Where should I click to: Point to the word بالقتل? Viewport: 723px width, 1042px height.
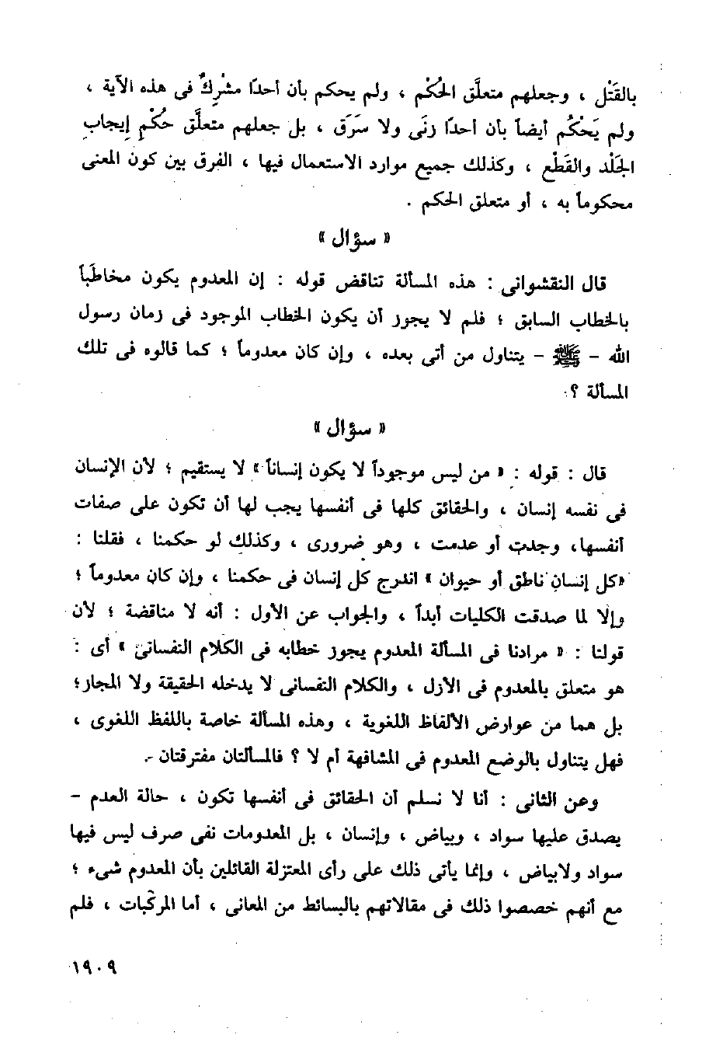[x=606, y=95]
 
